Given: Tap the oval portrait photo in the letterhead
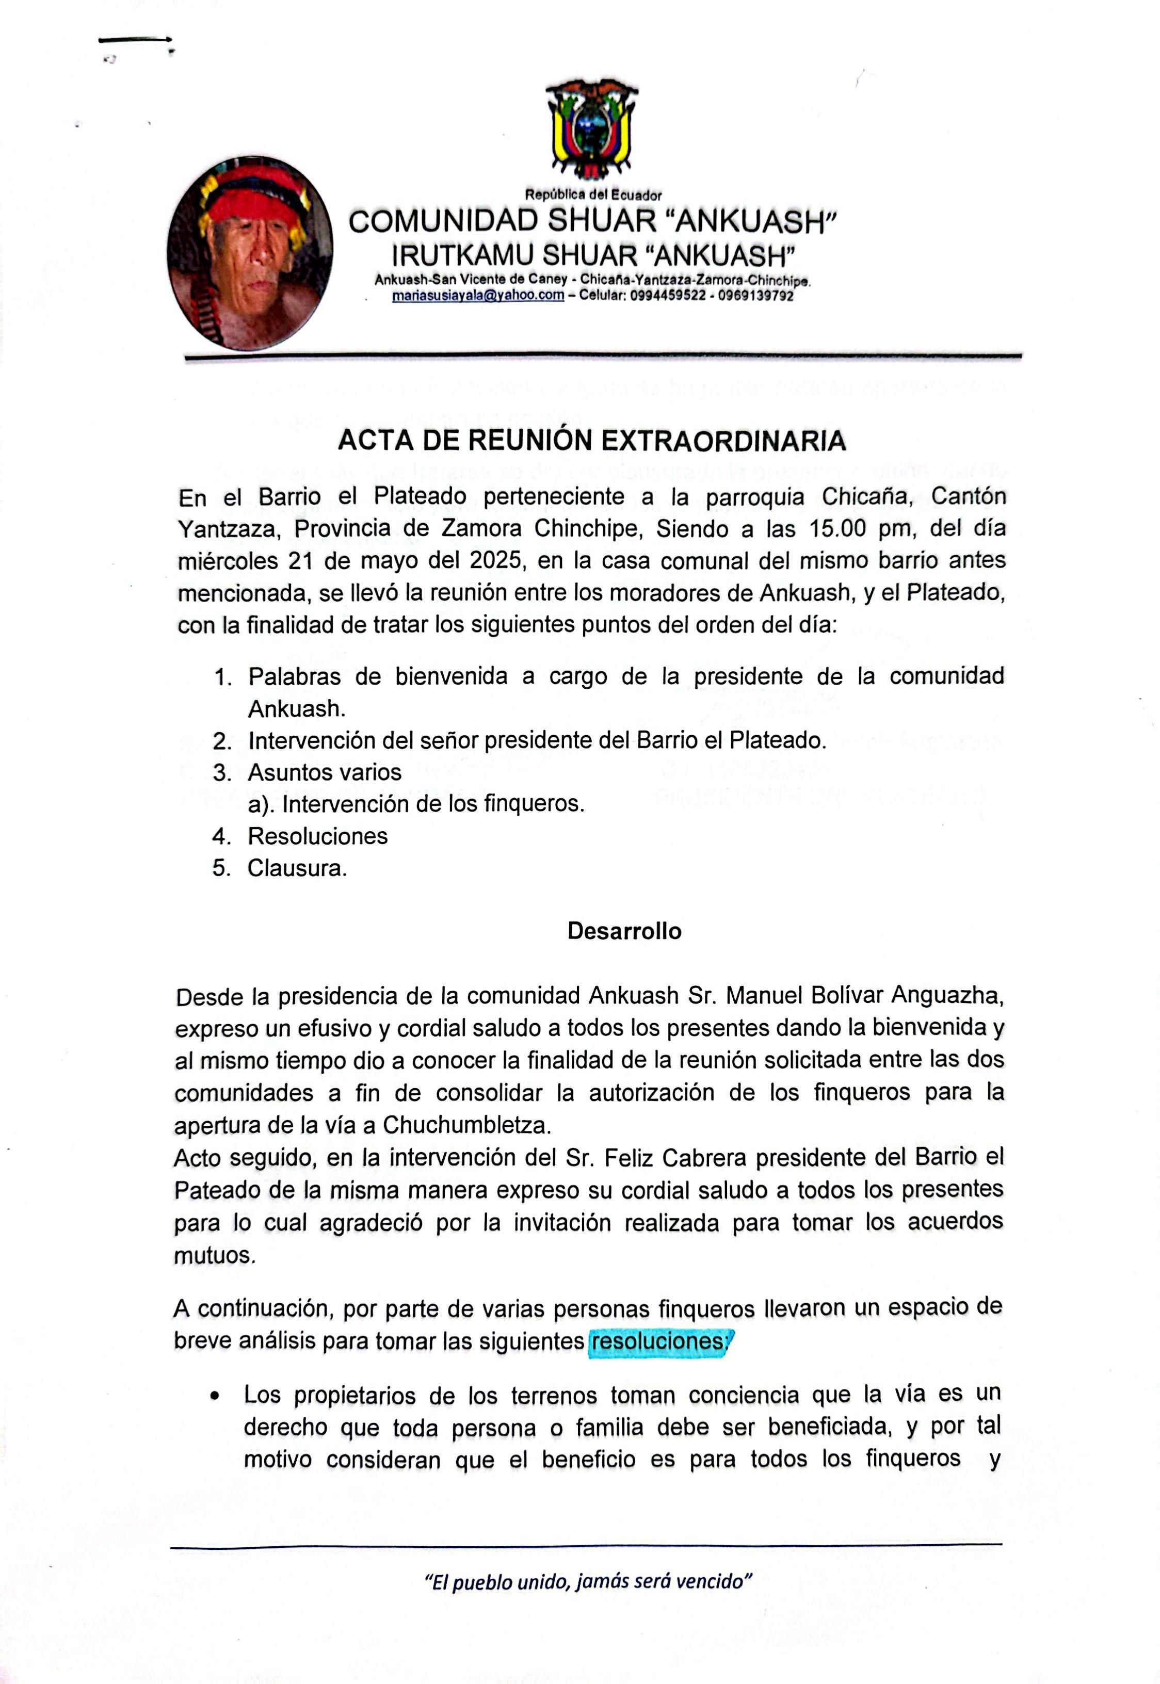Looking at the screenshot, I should [249, 253].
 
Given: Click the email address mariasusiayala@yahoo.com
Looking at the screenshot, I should [478, 296].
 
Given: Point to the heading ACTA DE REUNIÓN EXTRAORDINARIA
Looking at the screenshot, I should [592, 441].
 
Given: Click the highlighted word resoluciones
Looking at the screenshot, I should [658, 1342].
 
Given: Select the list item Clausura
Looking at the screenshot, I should [297, 868].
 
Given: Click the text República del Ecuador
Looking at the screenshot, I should [593, 195].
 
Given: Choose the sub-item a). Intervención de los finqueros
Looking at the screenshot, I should [416, 804].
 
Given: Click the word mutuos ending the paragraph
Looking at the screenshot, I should [214, 1255].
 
